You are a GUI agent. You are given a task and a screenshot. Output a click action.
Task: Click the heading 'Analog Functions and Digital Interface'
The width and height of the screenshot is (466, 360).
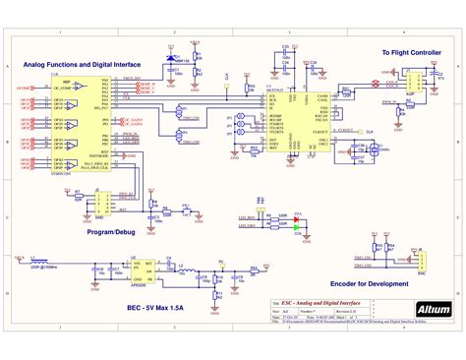(81, 64)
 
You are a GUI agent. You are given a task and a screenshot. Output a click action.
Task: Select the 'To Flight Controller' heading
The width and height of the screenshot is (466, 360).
(411, 51)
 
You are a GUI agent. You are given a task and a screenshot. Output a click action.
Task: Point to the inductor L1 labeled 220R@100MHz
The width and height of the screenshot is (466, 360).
(45, 260)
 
